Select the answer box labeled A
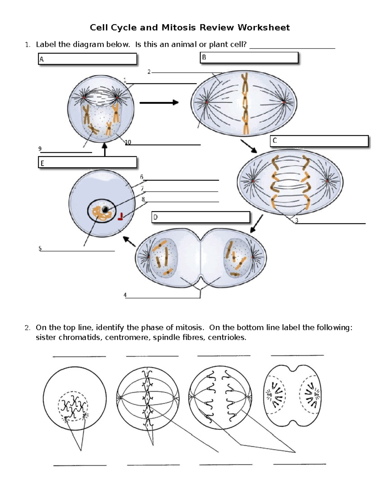[87, 59]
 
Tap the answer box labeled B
[249, 58]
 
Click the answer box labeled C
[319, 141]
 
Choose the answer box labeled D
[201, 217]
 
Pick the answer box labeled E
[87, 162]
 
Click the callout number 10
[128, 142]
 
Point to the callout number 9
[40, 149]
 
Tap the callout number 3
[296, 220]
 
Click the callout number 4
[125, 295]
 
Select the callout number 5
[40, 248]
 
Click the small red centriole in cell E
[121, 217]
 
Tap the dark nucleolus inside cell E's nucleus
[104, 209]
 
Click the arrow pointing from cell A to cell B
[159, 102]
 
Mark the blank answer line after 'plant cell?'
[292, 48]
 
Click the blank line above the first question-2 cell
[79, 356]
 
